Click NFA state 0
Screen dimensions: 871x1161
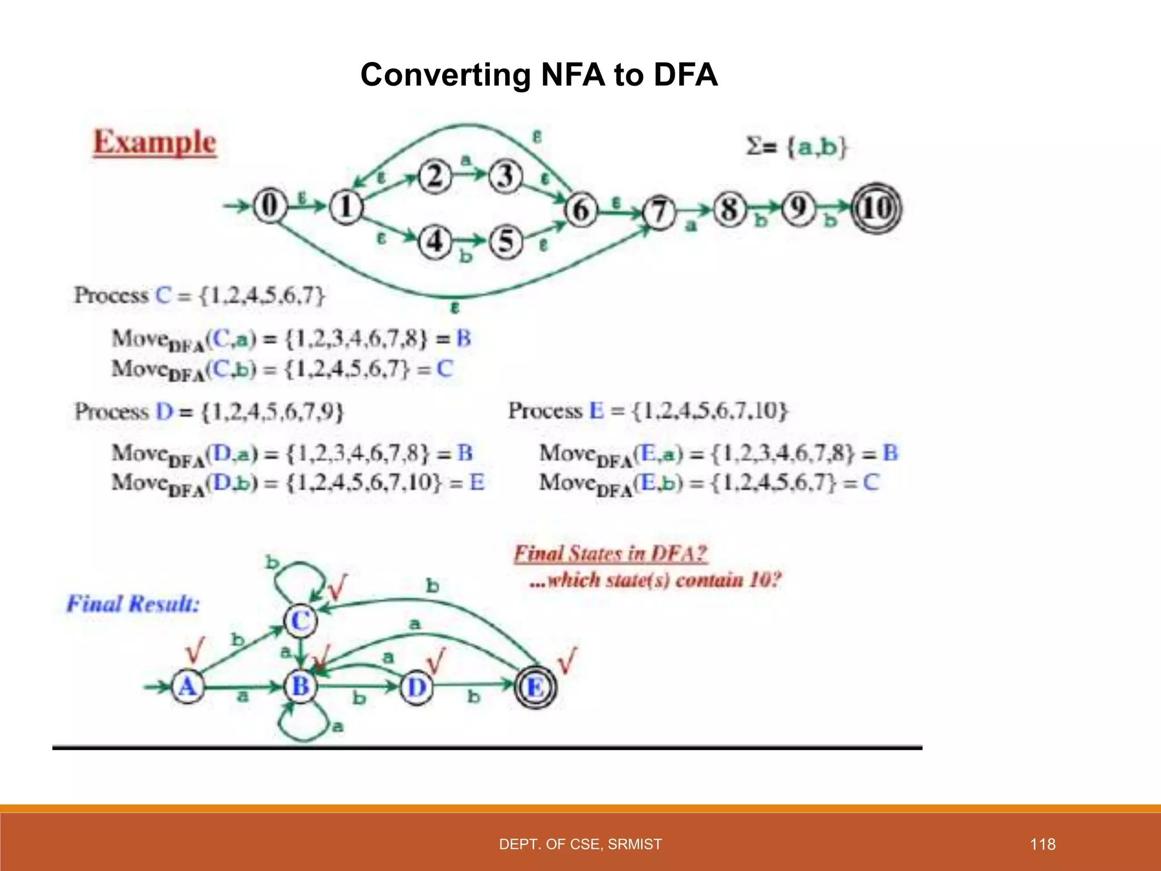coord(269,205)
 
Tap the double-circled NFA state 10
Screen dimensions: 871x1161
coord(876,208)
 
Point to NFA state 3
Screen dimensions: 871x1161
coord(505,176)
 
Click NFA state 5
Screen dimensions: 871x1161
coord(506,242)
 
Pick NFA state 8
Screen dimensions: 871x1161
coord(729,209)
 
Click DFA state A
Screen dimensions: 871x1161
coord(188,687)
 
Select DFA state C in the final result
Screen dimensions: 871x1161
coord(300,620)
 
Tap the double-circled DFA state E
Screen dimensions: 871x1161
coord(535,687)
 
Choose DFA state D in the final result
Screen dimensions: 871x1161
coord(417,687)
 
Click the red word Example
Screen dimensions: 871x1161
coord(155,142)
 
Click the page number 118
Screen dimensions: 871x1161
coord(1043,844)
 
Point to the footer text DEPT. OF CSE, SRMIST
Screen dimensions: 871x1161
coord(580,844)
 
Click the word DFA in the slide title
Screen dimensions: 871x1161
coord(685,75)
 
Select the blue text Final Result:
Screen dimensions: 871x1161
coord(133,603)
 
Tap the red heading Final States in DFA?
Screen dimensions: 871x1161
coord(611,553)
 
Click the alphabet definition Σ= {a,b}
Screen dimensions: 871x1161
coord(796,146)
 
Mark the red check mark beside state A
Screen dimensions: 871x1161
coord(194,650)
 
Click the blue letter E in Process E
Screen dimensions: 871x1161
coord(596,410)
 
